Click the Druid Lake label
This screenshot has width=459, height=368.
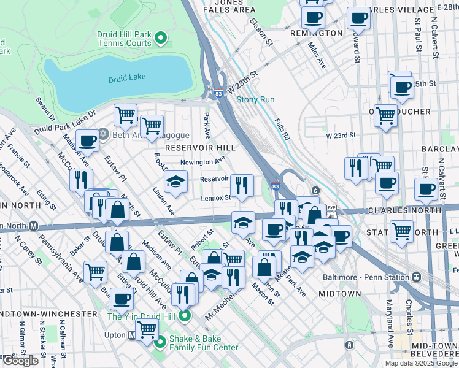pyautogui.click(x=127, y=79)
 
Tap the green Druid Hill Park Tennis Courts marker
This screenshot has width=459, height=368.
pyautogui.click(x=161, y=39)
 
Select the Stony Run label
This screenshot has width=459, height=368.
pyautogui.click(x=255, y=99)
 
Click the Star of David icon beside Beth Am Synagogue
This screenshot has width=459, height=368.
pyautogui.click(x=104, y=134)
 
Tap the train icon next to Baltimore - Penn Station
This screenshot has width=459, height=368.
pyautogui.click(x=417, y=277)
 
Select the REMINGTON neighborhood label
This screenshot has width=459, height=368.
pyautogui.click(x=316, y=33)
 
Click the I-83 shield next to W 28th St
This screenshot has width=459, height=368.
pyautogui.click(x=219, y=93)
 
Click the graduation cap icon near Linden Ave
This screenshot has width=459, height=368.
pyautogui.click(x=175, y=181)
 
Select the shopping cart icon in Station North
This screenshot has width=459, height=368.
pyautogui.click(x=401, y=231)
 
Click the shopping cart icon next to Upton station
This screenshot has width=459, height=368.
pyautogui.click(x=147, y=329)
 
